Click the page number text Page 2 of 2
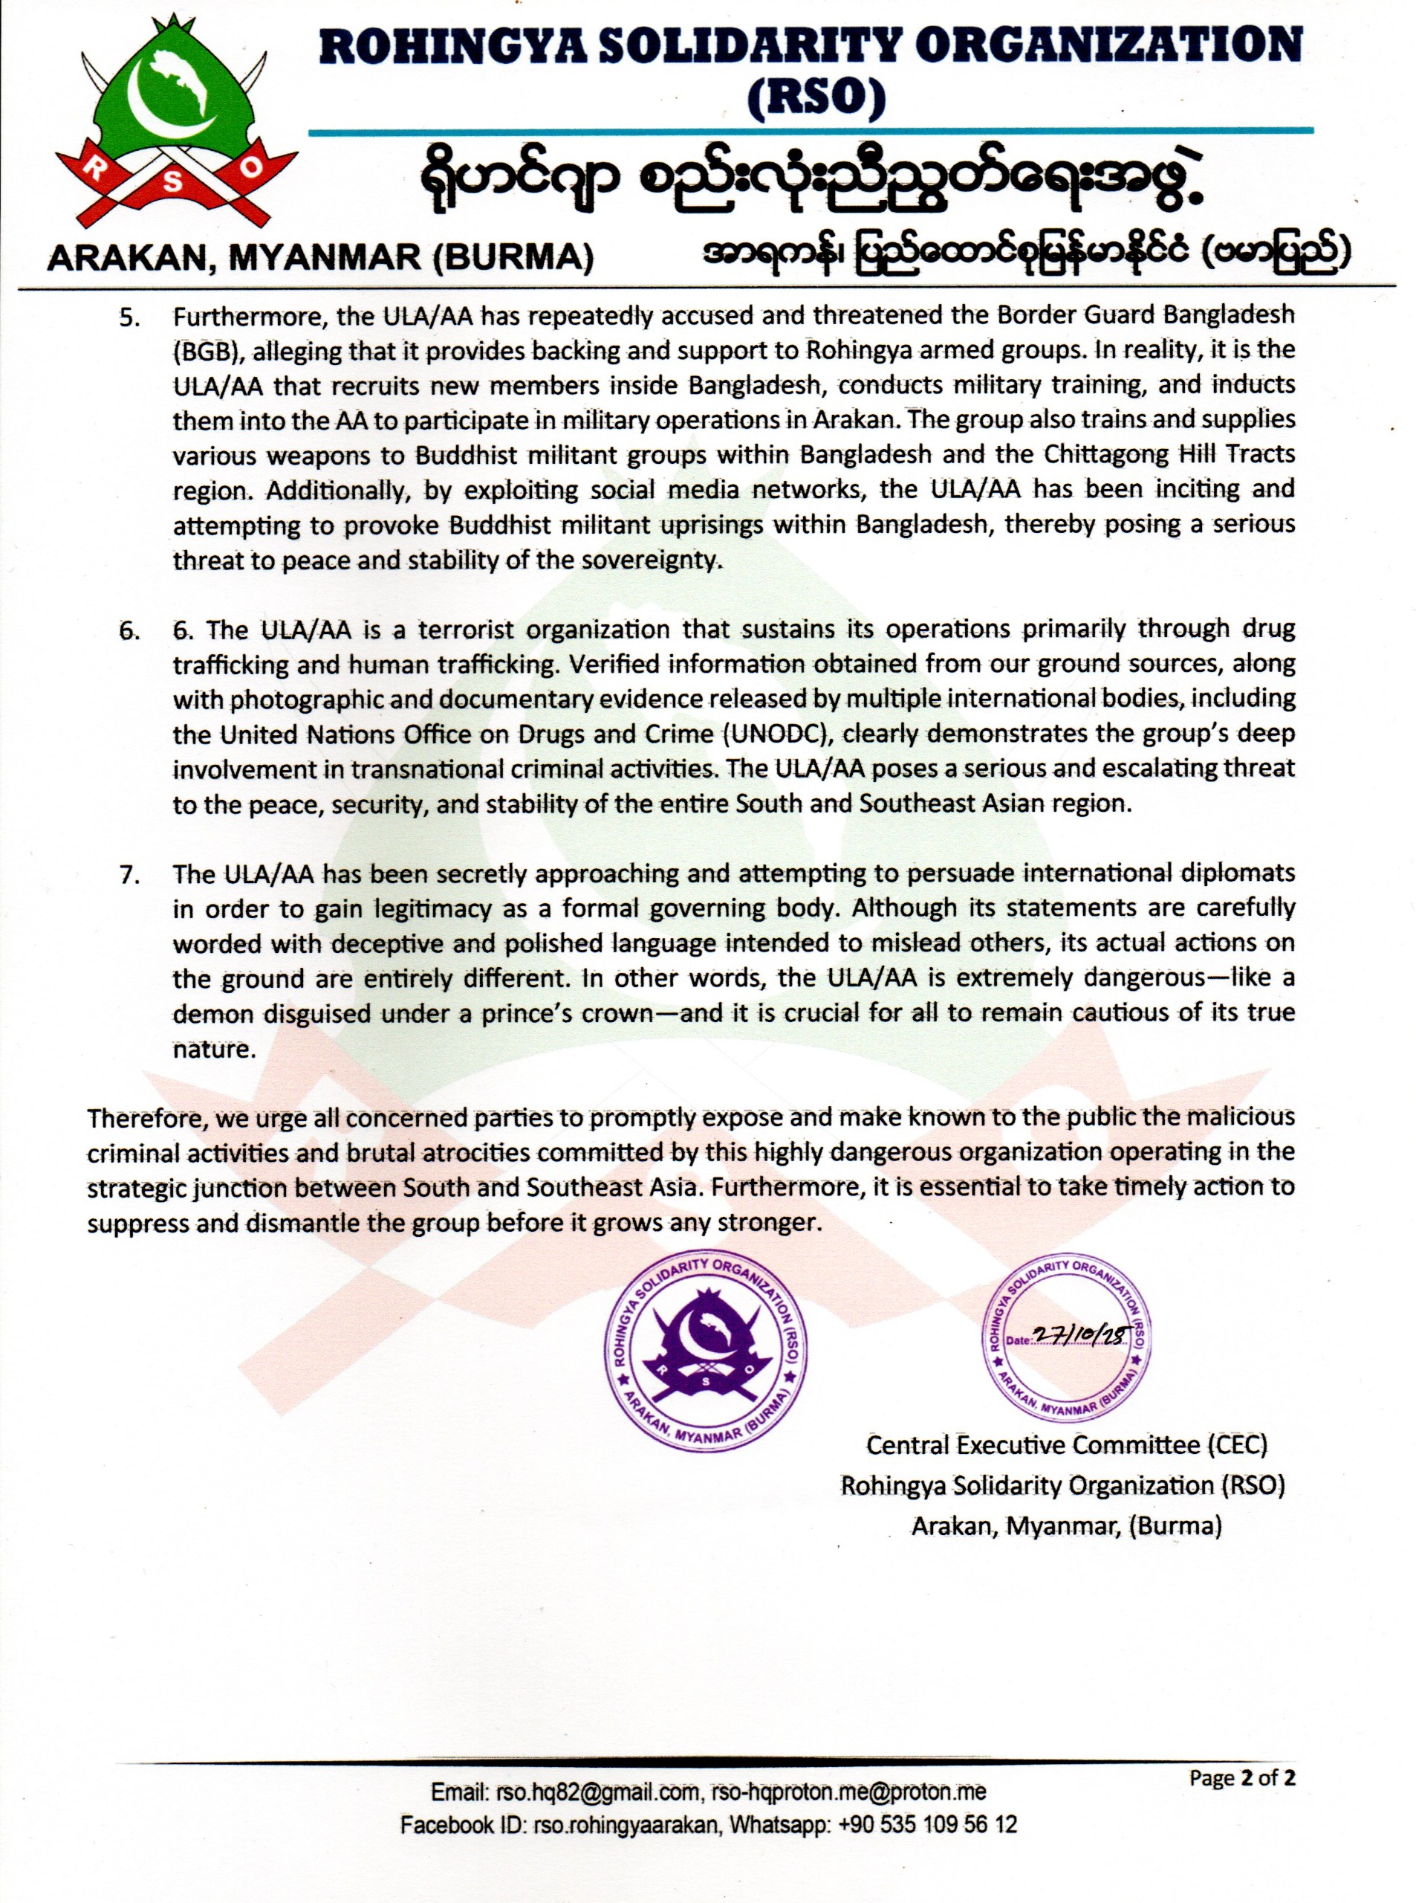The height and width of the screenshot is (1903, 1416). [x=1242, y=1778]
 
